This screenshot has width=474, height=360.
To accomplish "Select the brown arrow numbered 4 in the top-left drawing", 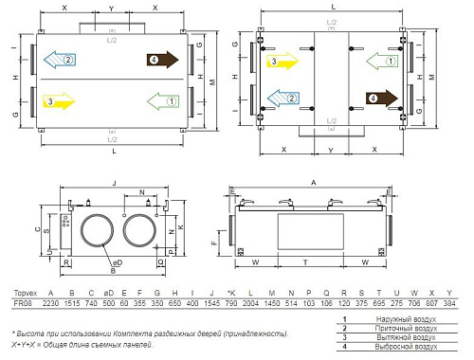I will pos(162,60).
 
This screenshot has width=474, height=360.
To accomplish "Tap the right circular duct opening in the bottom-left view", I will pos(140,229).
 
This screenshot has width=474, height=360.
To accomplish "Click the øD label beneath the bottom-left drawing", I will pos(117,261).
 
